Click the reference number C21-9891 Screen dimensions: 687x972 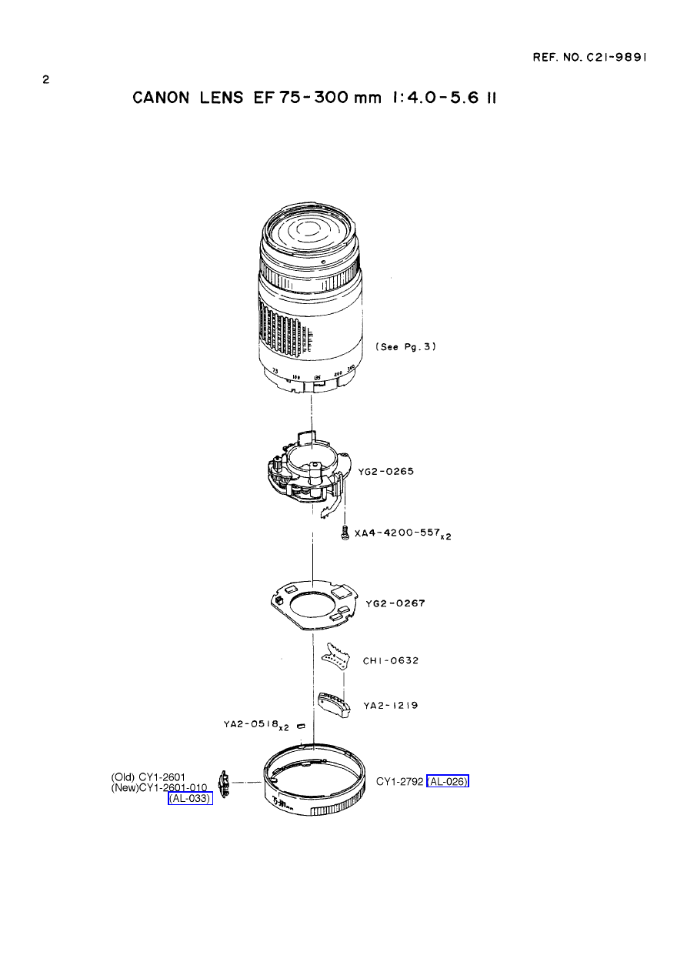point(616,57)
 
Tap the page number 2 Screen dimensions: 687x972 point(46,79)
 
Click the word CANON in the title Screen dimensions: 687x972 point(161,98)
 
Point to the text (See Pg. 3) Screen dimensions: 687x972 point(405,347)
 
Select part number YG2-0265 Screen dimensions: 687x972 point(386,471)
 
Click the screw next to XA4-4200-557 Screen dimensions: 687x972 point(345,533)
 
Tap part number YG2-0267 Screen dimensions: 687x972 point(395,603)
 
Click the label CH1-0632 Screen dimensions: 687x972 point(391,660)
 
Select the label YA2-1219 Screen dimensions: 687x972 point(391,706)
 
